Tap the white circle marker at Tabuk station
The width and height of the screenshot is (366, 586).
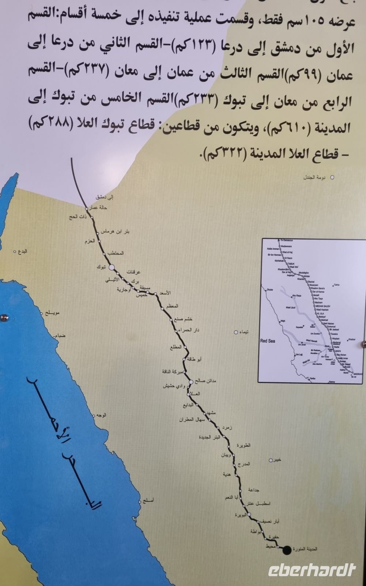(111, 267)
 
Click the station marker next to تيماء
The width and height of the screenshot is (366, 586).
(236, 333)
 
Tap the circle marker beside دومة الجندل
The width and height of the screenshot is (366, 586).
(332, 178)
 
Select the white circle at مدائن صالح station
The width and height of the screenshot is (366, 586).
(190, 382)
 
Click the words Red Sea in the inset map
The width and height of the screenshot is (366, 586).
(267, 341)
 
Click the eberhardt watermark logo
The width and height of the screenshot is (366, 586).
(312, 570)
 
